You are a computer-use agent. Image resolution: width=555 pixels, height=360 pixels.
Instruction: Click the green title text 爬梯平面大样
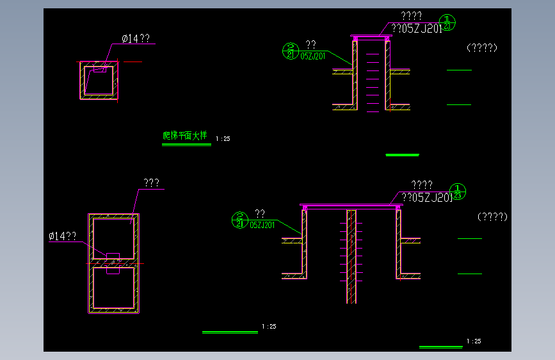[185, 136]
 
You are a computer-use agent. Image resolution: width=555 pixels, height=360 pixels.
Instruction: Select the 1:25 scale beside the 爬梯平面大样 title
[223, 138]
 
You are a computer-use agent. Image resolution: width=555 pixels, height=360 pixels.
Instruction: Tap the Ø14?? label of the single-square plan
[136, 39]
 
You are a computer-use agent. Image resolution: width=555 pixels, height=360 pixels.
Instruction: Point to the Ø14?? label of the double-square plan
[62, 236]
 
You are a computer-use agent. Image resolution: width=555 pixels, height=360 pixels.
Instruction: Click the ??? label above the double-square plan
[151, 183]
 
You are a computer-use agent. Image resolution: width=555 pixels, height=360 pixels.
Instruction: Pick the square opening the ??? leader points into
[113, 237]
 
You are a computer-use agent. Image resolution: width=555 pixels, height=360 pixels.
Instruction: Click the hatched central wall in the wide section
[351, 256]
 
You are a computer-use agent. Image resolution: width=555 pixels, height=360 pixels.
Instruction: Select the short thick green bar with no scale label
[402, 155]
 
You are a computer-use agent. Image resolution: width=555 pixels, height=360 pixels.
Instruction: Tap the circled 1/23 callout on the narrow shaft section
[448, 22]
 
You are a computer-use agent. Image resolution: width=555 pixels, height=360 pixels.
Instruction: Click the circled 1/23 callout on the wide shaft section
[459, 191]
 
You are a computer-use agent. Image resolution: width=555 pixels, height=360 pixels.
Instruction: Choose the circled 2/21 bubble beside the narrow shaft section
[291, 50]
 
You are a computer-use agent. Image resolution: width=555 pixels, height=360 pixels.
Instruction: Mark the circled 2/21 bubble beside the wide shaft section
[239, 220]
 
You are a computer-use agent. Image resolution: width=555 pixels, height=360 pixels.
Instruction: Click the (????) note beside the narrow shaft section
[482, 47]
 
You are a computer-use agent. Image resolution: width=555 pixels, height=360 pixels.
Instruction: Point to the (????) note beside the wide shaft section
[492, 217]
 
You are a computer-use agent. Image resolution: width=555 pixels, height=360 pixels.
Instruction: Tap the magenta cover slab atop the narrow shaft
[371, 37]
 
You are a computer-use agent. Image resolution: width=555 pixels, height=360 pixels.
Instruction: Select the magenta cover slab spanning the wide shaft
[351, 206]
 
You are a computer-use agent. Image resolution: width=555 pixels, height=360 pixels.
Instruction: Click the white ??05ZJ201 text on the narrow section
[416, 29]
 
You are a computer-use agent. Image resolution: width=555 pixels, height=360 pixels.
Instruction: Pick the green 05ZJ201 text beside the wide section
[262, 225]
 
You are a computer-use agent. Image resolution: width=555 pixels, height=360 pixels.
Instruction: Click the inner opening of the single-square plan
[97, 81]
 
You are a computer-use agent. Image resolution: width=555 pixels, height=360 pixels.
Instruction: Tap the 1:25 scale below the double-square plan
[269, 327]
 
